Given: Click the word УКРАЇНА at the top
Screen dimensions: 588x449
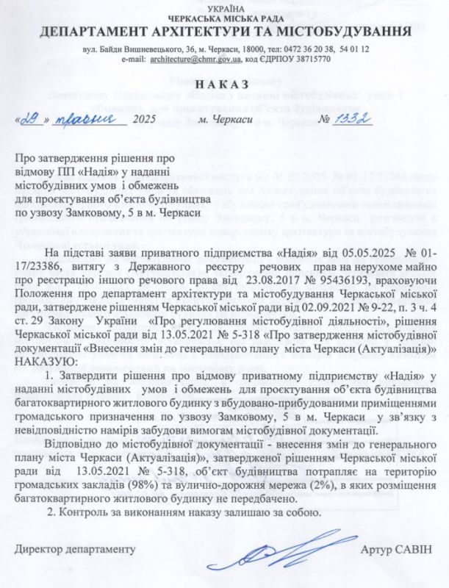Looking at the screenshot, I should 224,5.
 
